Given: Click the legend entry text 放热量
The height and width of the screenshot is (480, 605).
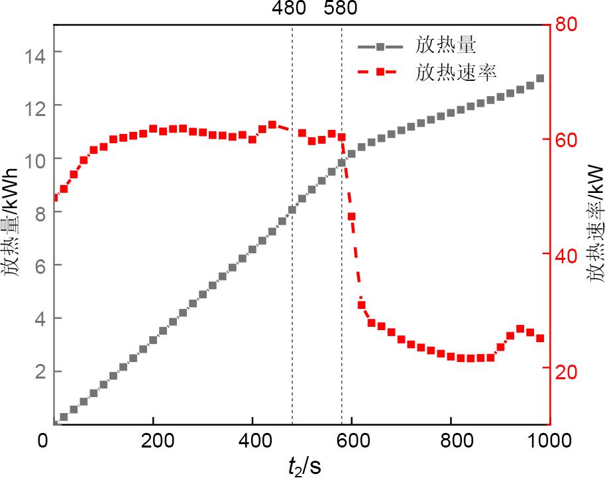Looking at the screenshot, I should coord(447,46).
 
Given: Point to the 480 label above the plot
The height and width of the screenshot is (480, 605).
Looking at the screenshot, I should coord(289,9).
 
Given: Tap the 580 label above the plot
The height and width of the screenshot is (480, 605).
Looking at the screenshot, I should coord(340,9).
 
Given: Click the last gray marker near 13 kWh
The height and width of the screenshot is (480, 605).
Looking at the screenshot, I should coord(540,78).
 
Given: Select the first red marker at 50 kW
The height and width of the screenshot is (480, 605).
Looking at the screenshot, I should coord(55,198).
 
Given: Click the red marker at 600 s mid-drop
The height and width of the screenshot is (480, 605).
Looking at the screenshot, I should coord(351,217).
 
